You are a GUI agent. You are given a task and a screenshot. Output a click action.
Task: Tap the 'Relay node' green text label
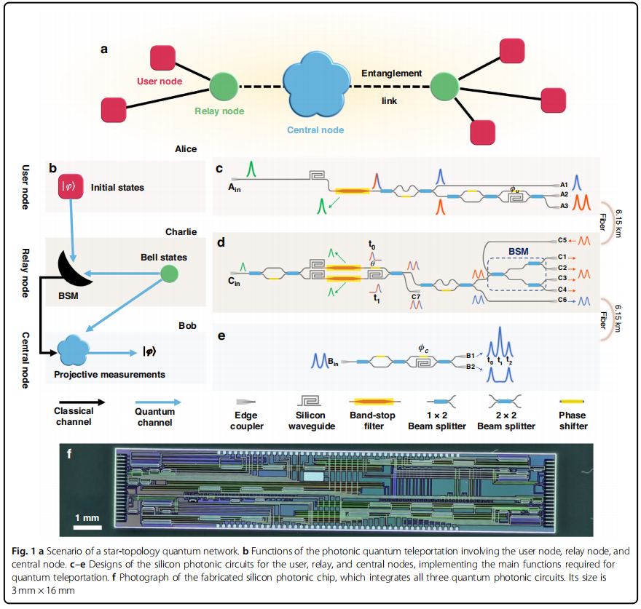tap(219, 111)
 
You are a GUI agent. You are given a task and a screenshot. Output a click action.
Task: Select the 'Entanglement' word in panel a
tap(392, 73)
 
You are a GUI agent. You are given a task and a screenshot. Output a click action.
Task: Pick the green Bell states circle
tap(169, 274)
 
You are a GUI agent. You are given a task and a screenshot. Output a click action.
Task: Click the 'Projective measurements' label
tap(109, 375)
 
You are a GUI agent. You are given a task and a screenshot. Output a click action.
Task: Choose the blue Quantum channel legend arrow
tap(157, 401)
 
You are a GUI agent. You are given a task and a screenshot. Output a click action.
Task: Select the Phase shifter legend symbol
tap(571, 401)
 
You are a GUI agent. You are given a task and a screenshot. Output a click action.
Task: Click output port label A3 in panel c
tap(564, 207)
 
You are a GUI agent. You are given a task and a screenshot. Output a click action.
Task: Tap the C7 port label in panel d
tap(416, 296)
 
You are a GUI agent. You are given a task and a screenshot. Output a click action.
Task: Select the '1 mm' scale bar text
tap(87, 517)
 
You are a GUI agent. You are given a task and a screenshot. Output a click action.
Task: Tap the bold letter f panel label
tap(69, 454)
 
